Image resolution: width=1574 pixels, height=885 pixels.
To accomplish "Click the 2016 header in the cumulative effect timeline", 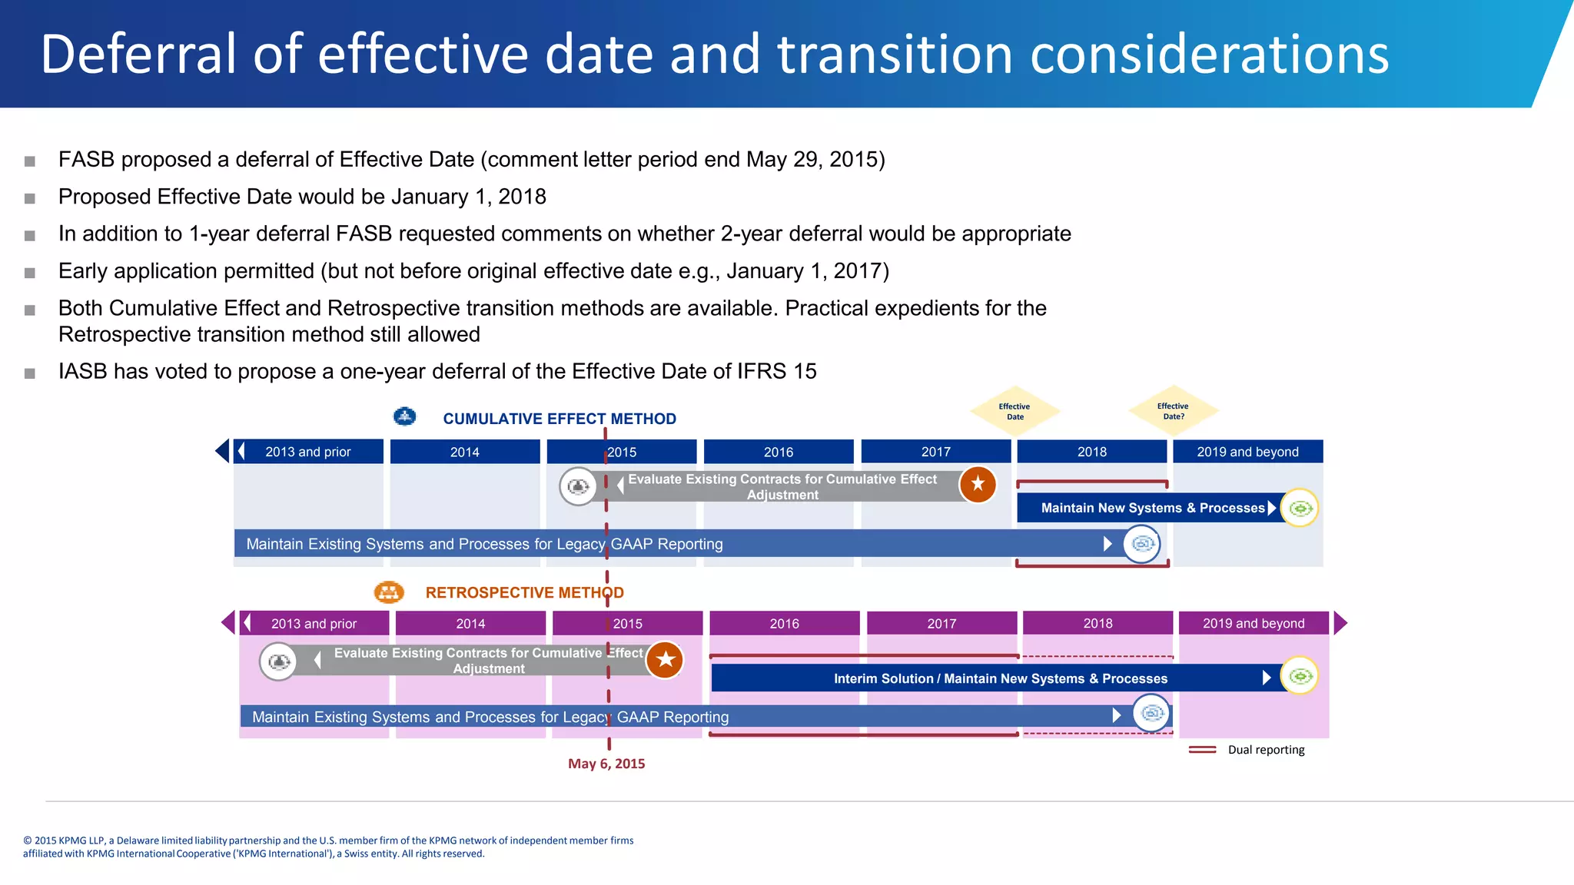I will pos(778,452).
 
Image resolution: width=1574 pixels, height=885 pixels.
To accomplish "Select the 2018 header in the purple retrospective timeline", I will pos(1097,623).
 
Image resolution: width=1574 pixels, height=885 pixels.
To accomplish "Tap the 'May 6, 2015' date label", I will pos(606,764).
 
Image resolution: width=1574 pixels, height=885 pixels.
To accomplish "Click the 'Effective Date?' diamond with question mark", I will pos(1173,411).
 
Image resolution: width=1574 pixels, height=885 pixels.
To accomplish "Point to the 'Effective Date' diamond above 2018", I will pos(1014,412).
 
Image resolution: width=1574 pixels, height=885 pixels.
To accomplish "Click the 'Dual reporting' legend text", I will pos(1266,750).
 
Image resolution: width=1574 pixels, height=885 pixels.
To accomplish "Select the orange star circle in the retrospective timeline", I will pos(665,660).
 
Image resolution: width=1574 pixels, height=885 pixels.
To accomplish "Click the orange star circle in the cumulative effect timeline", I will pos(978,484).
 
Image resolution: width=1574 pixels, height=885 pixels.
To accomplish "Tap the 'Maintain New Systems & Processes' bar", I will pos(1151,508).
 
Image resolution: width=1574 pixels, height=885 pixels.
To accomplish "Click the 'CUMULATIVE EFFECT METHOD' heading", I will pos(560,419).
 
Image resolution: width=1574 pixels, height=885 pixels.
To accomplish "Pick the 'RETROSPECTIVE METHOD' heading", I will pos(524,592).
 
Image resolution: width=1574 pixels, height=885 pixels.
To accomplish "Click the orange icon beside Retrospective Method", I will pos(389,592).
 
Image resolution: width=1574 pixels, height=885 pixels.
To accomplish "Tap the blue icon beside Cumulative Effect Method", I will pos(404,416).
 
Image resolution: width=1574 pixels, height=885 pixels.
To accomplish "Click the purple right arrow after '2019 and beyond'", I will pos(1340,623).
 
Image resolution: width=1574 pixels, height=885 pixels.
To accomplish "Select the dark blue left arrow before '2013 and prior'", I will pos(222,451).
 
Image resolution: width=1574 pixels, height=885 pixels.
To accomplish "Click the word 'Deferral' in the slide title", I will pos(138,54).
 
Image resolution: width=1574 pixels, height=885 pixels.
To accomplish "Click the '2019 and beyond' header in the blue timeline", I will pos(1247,452).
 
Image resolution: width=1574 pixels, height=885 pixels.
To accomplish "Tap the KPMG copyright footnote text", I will pos(328,847).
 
